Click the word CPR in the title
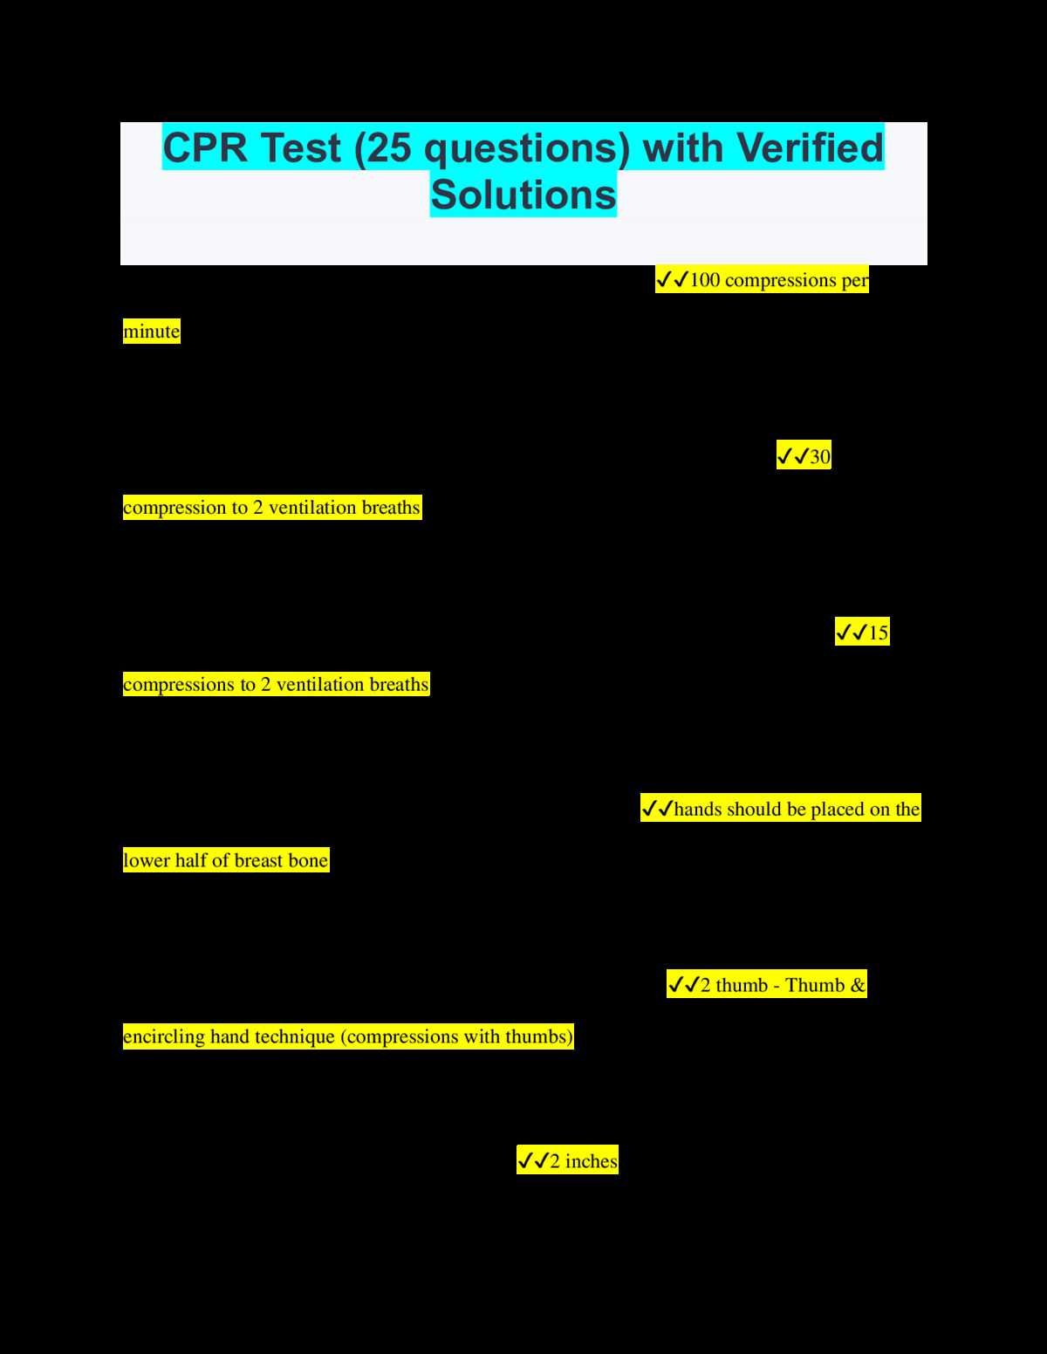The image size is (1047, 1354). [205, 147]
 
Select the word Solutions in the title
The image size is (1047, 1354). [523, 195]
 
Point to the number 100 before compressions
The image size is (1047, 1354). [705, 280]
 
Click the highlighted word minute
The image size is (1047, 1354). [151, 331]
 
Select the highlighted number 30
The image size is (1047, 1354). [820, 457]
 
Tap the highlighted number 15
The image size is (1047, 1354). [879, 633]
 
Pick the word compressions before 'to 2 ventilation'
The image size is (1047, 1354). [180, 685]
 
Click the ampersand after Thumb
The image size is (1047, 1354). [858, 985]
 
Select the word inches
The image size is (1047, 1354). [591, 1161]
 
